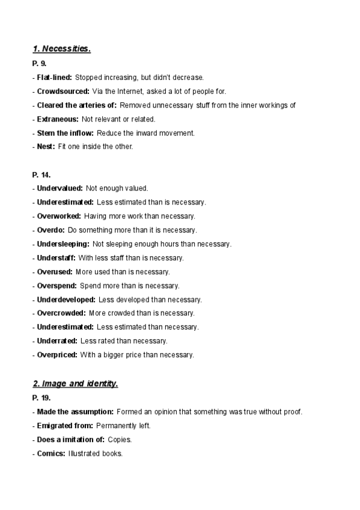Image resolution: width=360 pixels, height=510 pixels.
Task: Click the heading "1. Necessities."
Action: pyautogui.click(x=61, y=49)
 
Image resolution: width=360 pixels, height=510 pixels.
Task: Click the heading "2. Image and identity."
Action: pyautogui.click(x=75, y=384)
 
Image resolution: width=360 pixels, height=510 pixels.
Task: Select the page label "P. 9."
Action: pyautogui.click(x=40, y=63)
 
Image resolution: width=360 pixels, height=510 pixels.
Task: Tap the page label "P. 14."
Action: pyautogui.click(x=41, y=174)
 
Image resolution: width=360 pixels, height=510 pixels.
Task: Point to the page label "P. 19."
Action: pyautogui.click(x=41, y=398)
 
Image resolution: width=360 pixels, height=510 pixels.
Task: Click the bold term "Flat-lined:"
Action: pyautogui.click(x=54, y=78)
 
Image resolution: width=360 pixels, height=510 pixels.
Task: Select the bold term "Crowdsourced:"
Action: pyautogui.click(x=63, y=91)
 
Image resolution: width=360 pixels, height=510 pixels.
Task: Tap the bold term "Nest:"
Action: pyautogui.click(x=46, y=147)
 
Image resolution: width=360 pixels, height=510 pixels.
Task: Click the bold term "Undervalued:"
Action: pyautogui.click(x=59, y=188)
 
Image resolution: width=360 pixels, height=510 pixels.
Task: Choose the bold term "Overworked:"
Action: pyautogui.click(x=58, y=216)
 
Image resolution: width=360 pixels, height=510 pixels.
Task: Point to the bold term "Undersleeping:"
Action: pyautogui.click(x=63, y=244)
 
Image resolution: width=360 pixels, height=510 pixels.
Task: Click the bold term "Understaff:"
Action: pyautogui.click(x=56, y=257)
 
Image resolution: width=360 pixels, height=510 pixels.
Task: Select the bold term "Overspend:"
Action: pyautogui.click(x=56, y=286)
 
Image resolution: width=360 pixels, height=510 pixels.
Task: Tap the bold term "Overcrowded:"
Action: pyautogui.click(x=61, y=313)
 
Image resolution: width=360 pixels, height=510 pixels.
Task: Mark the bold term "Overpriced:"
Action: pyautogui.click(x=57, y=355)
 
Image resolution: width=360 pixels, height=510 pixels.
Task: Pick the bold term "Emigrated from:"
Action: pyautogui.click(x=64, y=426)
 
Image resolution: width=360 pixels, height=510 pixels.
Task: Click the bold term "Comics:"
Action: pyautogui.click(x=50, y=453)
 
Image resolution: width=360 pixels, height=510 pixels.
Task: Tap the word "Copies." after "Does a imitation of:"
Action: pyautogui.click(x=119, y=440)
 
